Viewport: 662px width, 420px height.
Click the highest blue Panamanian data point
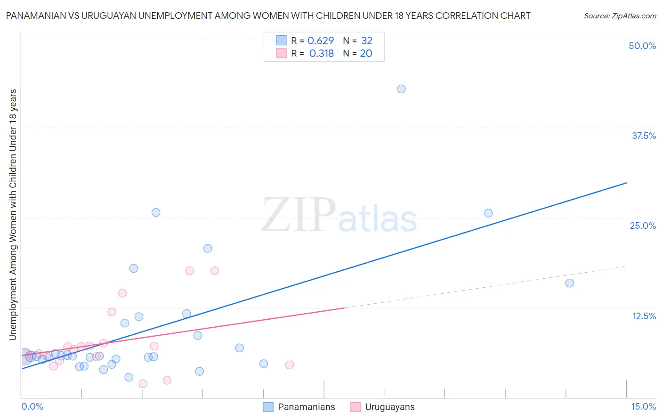tap(401, 89)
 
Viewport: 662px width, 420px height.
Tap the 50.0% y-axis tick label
tap(642, 46)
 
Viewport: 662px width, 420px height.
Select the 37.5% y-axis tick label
tap(644, 136)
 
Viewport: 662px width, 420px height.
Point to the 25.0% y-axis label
tap(643, 226)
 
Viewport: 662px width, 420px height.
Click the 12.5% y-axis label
tap(644, 316)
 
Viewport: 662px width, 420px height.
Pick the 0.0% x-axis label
tap(32, 406)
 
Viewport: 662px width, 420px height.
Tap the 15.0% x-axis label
tap(643, 406)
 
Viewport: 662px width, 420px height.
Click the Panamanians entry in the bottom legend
tap(306, 407)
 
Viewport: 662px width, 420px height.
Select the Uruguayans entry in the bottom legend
tap(389, 407)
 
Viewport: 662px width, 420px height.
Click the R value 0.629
tap(321, 41)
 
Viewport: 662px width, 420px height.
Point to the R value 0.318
tap(322, 54)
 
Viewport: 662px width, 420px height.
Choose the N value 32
tap(367, 41)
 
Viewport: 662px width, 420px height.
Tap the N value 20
tap(366, 54)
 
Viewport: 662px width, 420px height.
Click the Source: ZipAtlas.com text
tap(620, 16)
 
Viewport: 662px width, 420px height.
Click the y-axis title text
tap(13, 214)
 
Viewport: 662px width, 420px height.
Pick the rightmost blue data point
tap(569, 283)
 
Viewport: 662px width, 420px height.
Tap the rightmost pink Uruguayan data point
tap(290, 365)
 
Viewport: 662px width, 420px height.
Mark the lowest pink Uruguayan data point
tap(143, 384)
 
